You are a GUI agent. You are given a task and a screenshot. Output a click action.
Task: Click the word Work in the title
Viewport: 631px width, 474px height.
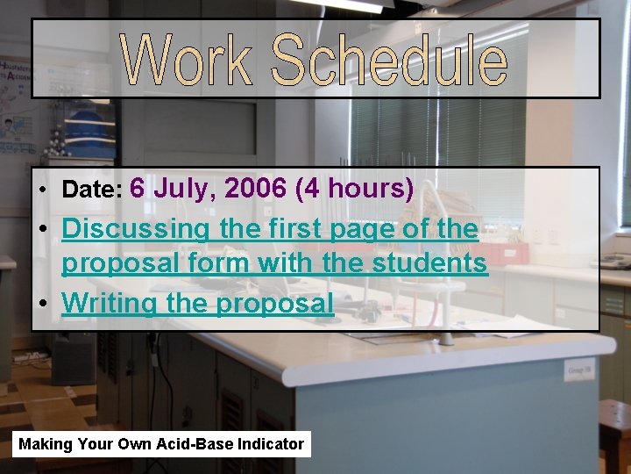click(188, 60)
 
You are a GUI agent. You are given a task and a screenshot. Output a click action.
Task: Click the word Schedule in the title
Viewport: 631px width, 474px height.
click(388, 60)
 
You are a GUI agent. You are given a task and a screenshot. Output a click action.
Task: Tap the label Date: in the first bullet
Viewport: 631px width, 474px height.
click(92, 190)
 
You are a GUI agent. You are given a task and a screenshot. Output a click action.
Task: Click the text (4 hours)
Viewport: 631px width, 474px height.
click(355, 189)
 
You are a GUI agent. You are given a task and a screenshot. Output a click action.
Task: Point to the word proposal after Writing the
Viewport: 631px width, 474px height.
click(274, 305)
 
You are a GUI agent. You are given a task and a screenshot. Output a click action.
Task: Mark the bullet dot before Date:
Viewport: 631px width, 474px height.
click(43, 190)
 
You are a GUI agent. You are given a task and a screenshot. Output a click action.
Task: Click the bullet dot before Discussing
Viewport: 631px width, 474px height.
click(43, 230)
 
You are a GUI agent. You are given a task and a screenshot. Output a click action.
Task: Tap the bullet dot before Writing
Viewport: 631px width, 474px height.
click(43, 305)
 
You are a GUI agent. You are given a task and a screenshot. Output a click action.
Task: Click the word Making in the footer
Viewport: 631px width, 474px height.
click(46, 444)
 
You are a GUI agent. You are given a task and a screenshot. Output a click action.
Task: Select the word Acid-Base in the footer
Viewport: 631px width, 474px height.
click(186, 444)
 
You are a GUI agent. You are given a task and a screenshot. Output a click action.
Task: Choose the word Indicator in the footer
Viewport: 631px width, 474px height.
click(264, 444)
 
